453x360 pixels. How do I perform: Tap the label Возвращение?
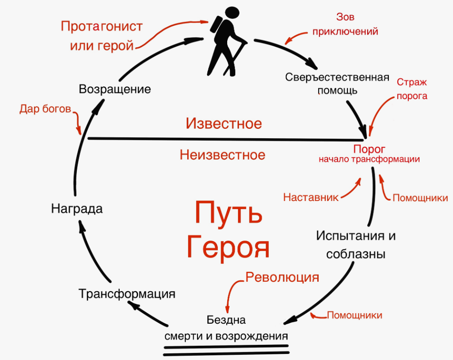115,89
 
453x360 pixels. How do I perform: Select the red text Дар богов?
45,109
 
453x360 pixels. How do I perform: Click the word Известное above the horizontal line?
223,124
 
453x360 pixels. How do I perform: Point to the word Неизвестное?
222,154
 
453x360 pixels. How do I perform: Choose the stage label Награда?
77,209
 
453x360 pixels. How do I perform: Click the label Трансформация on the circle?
127,294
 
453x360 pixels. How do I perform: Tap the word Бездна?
226,320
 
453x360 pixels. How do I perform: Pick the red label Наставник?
311,198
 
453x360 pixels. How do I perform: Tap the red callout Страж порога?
412,89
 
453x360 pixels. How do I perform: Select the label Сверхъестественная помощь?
337,83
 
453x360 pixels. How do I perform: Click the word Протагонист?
101,26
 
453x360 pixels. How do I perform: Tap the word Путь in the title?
229,214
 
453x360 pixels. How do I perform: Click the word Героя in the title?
228,247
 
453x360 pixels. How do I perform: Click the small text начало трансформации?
369,159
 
